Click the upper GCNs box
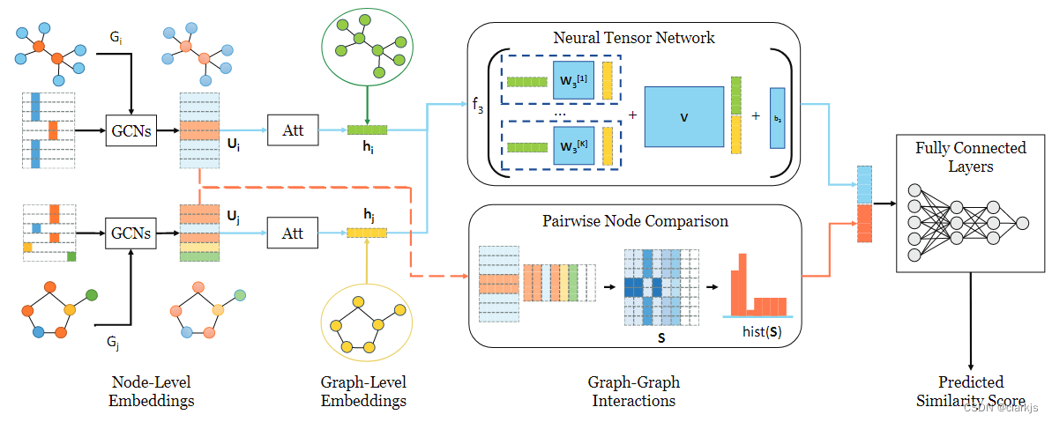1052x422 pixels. (x=131, y=131)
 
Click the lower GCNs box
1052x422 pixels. (x=131, y=233)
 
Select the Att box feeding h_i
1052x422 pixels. (x=293, y=131)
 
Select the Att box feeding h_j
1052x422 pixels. (x=293, y=233)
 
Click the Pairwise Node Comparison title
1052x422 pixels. (x=635, y=220)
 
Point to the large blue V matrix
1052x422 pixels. (x=683, y=116)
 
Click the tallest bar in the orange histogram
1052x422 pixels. (x=742, y=283)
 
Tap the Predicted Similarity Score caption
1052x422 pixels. (x=970, y=391)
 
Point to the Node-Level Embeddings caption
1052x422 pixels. (x=151, y=391)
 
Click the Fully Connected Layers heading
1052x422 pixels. (x=970, y=157)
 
